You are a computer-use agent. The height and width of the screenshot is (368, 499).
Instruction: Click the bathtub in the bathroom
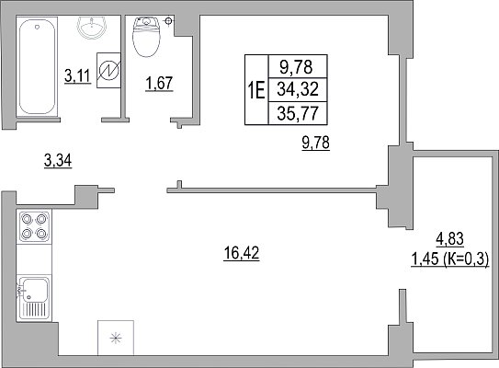click(x=37, y=66)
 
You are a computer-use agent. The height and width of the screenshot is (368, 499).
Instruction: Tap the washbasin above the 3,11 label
click(x=92, y=28)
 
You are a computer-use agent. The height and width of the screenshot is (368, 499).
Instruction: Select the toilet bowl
click(x=146, y=37)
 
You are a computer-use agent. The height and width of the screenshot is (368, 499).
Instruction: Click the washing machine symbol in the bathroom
click(x=108, y=70)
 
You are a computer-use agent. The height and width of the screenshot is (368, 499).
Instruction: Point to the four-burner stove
click(x=34, y=226)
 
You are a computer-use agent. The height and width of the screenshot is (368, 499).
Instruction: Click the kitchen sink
click(x=34, y=297)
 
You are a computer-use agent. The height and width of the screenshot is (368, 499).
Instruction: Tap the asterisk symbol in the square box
click(x=116, y=338)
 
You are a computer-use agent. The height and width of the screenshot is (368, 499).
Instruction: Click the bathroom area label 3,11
click(x=77, y=76)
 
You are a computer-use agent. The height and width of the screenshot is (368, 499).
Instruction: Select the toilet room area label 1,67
click(x=159, y=84)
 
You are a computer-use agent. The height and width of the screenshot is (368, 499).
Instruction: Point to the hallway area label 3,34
click(x=58, y=160)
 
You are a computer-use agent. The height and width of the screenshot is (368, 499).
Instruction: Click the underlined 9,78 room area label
click(x=316, y=143)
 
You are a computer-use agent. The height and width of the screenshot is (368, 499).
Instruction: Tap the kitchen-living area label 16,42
click(x=242, y=254)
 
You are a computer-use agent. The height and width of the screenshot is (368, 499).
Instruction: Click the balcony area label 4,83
click(x=449, y=239)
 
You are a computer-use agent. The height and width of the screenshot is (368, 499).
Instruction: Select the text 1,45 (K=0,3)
click(x=450, y=259)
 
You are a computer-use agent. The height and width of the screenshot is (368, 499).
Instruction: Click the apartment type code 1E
click(x=256, y=90)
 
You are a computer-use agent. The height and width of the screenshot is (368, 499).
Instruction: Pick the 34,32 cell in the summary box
click(x=298, y=89)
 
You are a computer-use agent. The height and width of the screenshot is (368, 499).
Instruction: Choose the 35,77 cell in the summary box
click(x=298, y=113)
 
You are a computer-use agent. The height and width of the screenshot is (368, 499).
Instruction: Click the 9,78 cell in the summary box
click(x=296, y=67)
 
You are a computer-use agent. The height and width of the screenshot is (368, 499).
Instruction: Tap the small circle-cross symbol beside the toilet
click(x=169, y=21)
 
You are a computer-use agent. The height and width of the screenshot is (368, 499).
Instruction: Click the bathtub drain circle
click(x=38, y=28)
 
